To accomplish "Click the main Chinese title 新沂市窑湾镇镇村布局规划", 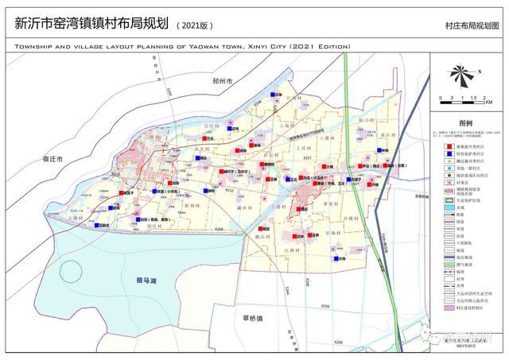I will click(88, 23).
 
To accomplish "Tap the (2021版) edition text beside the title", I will click(194, 25).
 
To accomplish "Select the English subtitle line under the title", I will click(182, 47).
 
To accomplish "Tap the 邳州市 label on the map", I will click(222, 81).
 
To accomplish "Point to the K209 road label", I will click(338, 342).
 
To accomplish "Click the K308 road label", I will click(219, 230).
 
